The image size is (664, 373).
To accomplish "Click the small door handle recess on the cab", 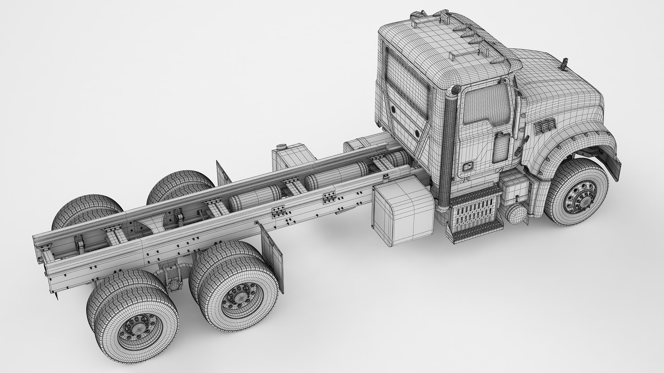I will pyautogui.click(x=468, y=167).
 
